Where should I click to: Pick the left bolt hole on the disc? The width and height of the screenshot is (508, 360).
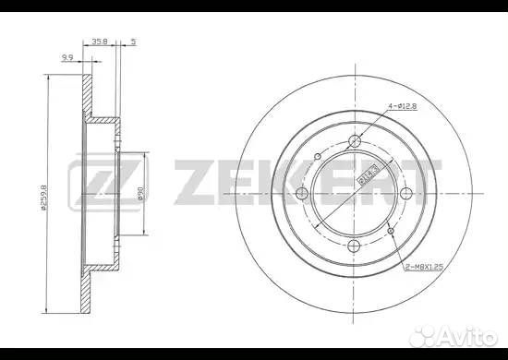[x=301, y=193]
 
